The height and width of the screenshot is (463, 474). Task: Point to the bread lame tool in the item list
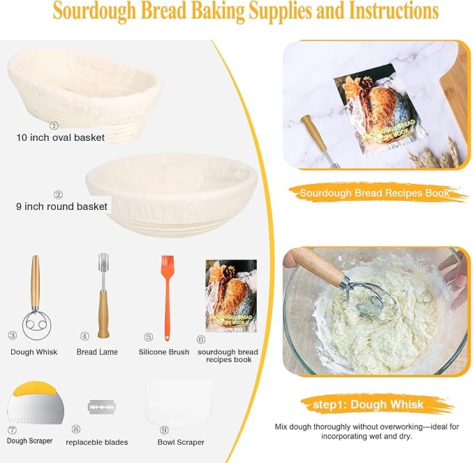tap(101, 296)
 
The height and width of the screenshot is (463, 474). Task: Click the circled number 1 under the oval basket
tap(54, 126)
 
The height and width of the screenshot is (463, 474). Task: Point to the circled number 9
tap(164, 430)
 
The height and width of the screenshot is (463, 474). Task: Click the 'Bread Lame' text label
tap(97, 352)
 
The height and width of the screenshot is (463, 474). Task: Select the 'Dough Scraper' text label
tap(29, 441)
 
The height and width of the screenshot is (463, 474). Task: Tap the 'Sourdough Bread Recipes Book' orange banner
tap(374, 193)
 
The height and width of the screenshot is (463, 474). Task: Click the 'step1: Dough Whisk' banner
tap(377, 404)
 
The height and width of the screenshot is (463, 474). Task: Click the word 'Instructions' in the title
tap(376, 12)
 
